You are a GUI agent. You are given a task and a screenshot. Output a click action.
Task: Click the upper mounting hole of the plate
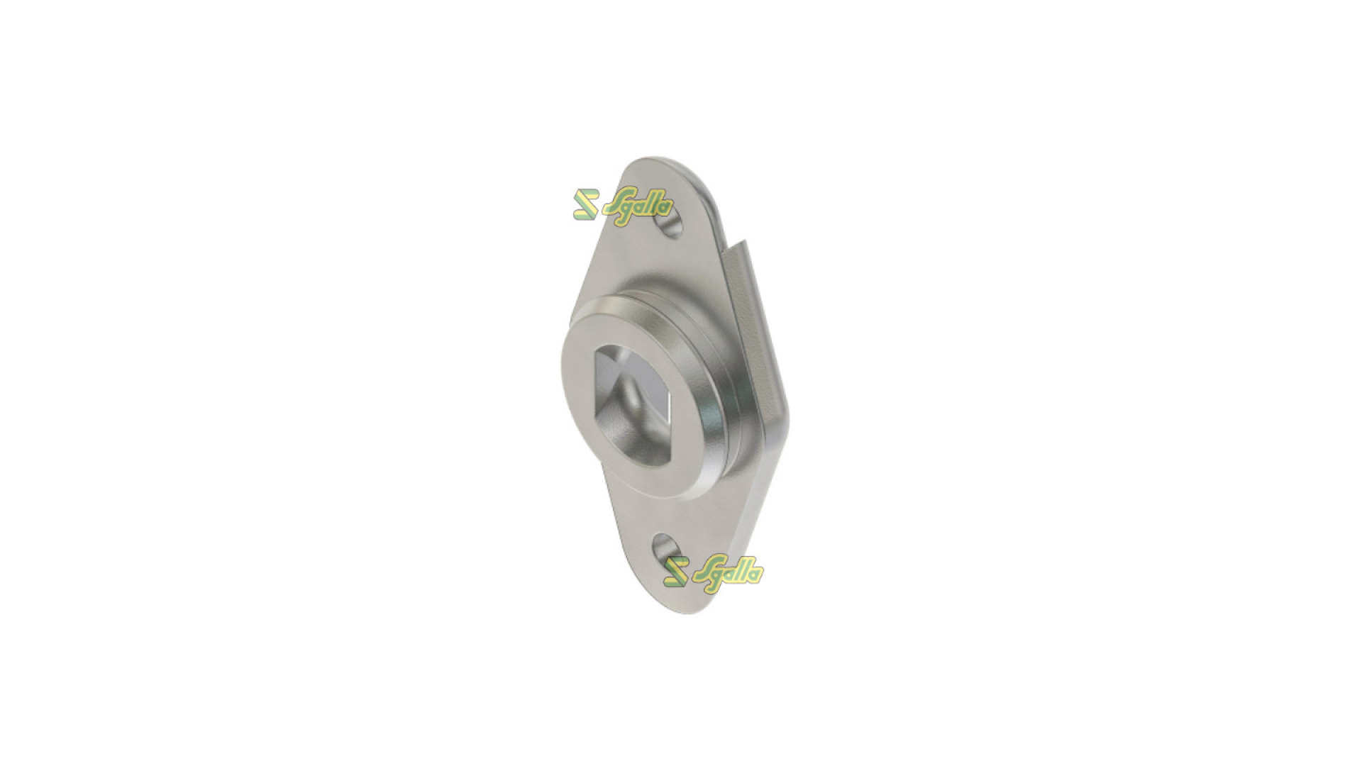[670, 224]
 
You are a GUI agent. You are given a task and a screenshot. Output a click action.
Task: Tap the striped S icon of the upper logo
[587, 204]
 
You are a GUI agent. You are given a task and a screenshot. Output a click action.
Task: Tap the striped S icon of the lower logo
[677, 571]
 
